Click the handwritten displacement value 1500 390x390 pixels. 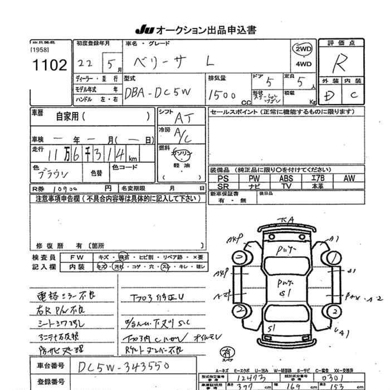[x=222, y=95]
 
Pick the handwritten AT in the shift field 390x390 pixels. [x=182, y=118]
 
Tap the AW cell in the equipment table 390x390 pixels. [x=349, y=178]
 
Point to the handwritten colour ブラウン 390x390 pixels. [x=53, y=172]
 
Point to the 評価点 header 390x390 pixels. [x=340, y=43]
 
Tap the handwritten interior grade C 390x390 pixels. [x=353, y=95]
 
